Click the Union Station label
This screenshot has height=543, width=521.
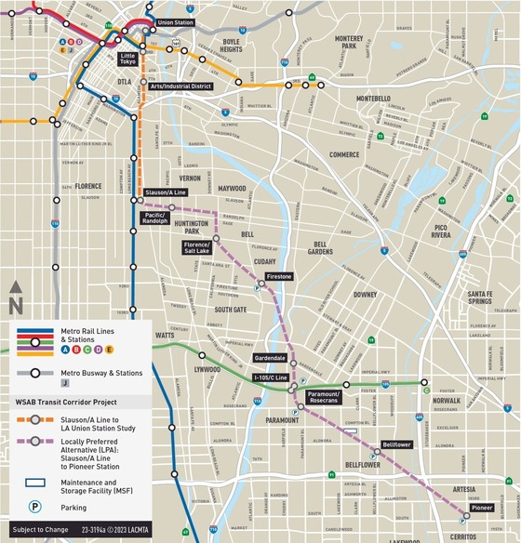[x=178, y=21]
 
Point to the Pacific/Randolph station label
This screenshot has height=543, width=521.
[x=154, y=219]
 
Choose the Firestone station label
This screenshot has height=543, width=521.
[x=278, y=277]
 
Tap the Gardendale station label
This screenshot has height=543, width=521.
[x=270, y=358]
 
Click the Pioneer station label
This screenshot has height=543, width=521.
[x=481, y=509]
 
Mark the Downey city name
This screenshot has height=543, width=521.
[x=364, y=294]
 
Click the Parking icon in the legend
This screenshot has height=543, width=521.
[x=34, y=508]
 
